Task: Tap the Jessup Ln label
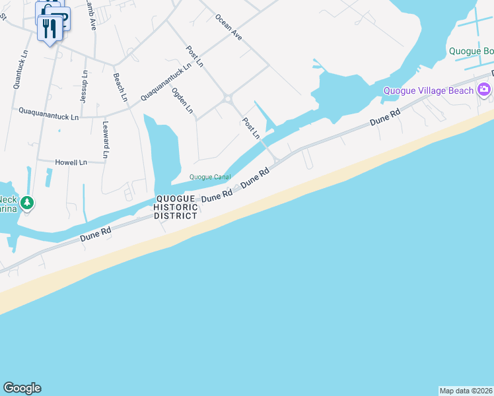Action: [x=84, y=86]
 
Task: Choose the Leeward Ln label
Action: [x=105, y=139]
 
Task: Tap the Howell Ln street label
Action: [x=71, y=162]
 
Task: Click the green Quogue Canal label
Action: [x=210, y=177]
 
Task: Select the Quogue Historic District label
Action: [x=175, y=207]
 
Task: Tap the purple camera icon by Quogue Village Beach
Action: [x=484, y=90]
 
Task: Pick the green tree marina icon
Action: [x=26, y=203]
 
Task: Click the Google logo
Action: [x=22, y=388]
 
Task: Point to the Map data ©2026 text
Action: [x=466, y=391]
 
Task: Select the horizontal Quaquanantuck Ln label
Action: [x=49, y=113]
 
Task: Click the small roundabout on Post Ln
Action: [x=229, y=99]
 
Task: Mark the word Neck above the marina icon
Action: [x=7, y=199]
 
